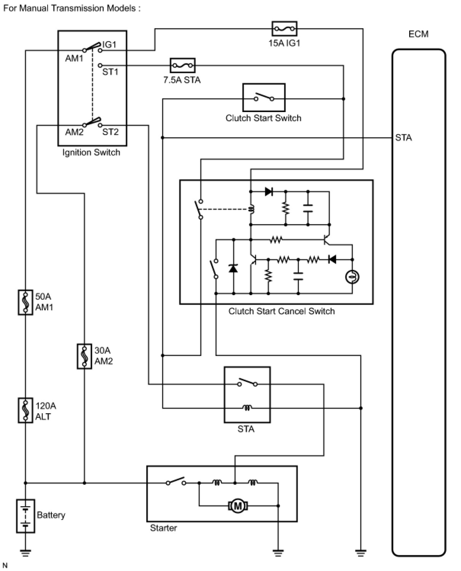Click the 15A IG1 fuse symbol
[284, 29]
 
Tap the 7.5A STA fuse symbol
[183, 66]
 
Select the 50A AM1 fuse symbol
[26, 302]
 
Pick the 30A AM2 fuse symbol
[84, 356]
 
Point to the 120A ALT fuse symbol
[26, 410]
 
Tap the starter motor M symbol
[238, 506]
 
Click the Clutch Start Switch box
[264, 98]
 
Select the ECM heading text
[418, 34]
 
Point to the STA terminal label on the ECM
[403, 138]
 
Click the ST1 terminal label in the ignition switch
[110, 72]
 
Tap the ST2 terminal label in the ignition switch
[110, 132]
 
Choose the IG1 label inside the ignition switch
[109, 45]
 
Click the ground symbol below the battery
[26, 553]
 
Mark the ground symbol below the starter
[278, 553]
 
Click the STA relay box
[247, 395]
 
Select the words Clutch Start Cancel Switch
[282, 311]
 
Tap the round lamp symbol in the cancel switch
[352, 277]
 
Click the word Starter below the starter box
[163, 528]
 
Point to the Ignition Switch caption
[91, 152]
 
